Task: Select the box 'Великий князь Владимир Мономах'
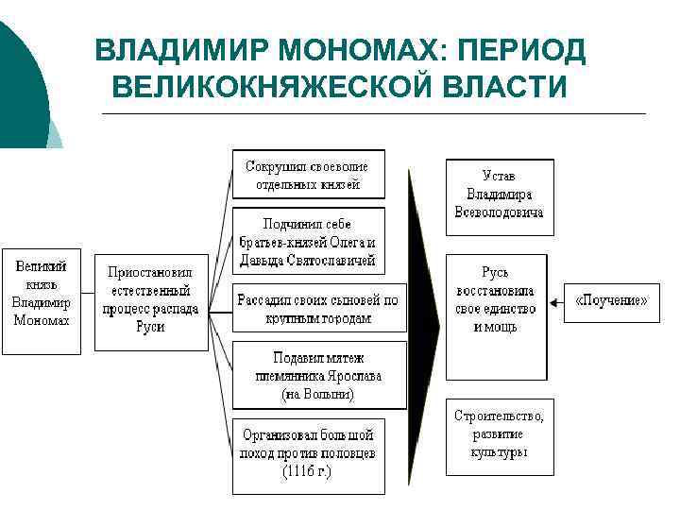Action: point(42,300)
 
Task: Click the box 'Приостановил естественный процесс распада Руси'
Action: point(150,299)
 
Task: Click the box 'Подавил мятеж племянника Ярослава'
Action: point(319,375)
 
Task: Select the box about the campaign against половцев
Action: point(308,454)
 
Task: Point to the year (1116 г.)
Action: point(308,469)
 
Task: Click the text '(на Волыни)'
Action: point(318,393)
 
